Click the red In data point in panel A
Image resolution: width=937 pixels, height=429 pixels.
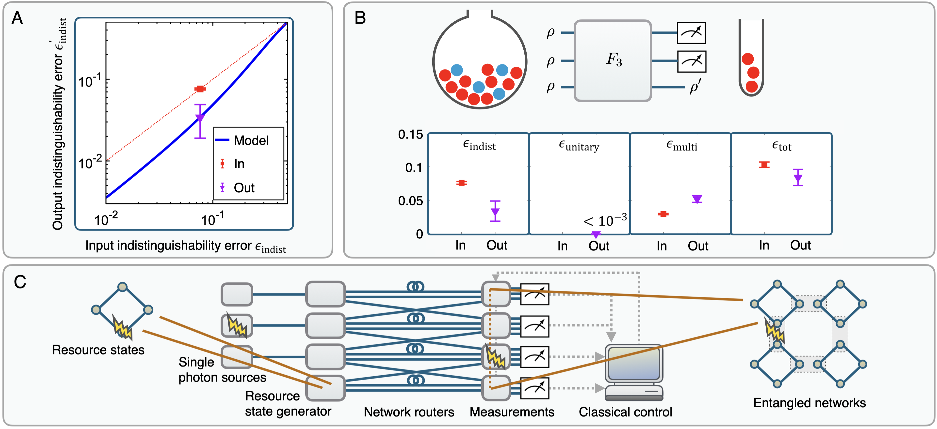[x=200, y=89]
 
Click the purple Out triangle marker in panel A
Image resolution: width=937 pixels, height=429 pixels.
[x=200, y=118]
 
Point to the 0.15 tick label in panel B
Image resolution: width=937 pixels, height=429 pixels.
[x=410, y=135]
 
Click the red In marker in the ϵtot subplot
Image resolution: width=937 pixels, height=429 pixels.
[x=764, y=165]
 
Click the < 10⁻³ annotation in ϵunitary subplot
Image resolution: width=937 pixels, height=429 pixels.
[x=605, y=221]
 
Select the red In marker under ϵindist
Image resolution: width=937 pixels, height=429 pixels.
[x=461, y=183]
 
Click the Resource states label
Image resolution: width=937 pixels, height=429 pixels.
[x=98, y=350]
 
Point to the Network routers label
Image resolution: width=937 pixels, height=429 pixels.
[x=409, y=412]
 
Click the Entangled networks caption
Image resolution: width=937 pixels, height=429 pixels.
[x=809, y=403]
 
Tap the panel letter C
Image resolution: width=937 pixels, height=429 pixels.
[x=20, y=282]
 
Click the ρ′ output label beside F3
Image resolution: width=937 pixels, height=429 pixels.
[x=695, y=88]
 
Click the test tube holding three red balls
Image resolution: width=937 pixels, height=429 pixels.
[x=751, y=58]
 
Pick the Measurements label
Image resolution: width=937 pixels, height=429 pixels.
[x=512, y=412]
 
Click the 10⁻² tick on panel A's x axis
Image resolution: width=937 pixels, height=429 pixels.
[x=106, y=219]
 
